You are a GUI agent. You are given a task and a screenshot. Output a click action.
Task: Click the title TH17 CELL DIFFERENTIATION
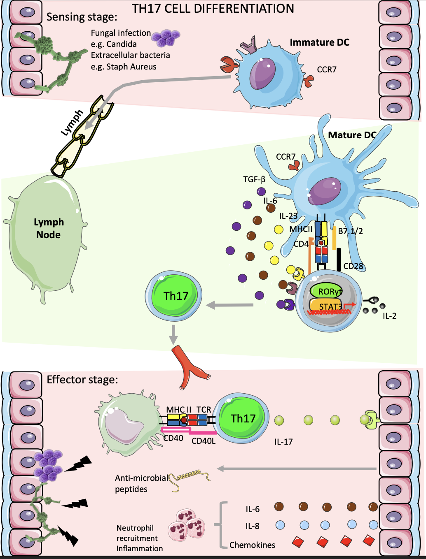click(213, 9)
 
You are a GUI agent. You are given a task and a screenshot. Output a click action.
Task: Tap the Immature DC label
click(319, 42)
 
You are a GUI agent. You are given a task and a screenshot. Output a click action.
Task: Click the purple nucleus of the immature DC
click(262, 73)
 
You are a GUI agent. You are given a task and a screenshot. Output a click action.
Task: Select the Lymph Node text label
click(49, 228)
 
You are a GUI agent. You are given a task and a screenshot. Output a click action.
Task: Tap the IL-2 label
click(389, 316)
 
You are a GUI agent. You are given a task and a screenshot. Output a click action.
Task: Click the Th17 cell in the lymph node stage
click(173, 296)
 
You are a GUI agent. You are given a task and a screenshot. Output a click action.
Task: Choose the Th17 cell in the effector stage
click(242, 418)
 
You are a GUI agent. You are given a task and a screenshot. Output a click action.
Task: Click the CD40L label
click(204, 441)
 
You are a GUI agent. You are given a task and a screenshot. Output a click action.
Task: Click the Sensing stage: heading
click(82, 17)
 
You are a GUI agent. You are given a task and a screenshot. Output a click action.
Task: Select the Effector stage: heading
click(82, 379)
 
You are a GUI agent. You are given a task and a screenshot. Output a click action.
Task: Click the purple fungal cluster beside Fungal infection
click(166, 37)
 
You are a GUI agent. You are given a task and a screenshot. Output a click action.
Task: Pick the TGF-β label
click(254, 179)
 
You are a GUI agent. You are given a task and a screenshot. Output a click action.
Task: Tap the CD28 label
click(353, 266)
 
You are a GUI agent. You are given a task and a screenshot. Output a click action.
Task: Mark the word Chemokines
click(252, 545)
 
